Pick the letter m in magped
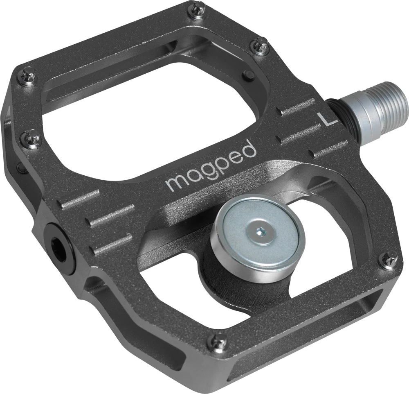click(176, 181)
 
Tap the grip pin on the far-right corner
click(389, 259)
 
